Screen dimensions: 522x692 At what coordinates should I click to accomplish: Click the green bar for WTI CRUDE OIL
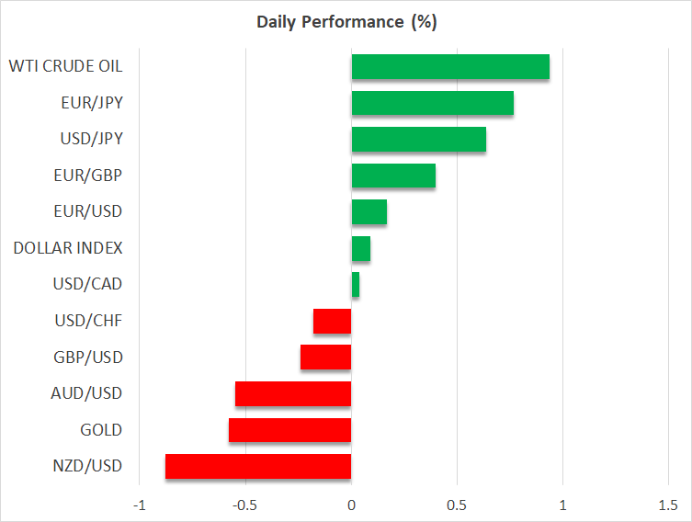450,67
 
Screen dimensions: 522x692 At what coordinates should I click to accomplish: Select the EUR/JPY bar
432,103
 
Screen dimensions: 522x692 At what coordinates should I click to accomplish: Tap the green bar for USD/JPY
418,140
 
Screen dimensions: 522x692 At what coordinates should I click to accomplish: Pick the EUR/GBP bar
393,176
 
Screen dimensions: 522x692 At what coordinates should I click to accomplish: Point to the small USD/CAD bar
356,285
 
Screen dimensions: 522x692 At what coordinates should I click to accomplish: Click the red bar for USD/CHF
332,321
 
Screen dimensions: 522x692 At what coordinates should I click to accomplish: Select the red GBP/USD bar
325,357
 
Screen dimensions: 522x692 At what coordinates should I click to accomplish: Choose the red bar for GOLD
289,430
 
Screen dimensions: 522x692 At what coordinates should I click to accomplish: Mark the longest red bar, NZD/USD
258,466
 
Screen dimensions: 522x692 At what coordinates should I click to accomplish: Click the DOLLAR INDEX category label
68,248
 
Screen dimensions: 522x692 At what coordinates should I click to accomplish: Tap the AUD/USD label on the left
86,393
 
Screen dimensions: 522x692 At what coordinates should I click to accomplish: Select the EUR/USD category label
87,211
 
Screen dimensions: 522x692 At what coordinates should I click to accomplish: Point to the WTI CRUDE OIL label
65,66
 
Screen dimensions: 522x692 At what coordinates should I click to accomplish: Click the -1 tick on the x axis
139,505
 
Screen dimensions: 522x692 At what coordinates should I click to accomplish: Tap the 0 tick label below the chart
351,505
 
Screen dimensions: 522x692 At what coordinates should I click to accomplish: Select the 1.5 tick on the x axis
668,505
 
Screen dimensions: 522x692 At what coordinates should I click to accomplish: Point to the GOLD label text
101,430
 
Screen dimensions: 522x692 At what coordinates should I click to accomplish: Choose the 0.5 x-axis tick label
457,505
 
